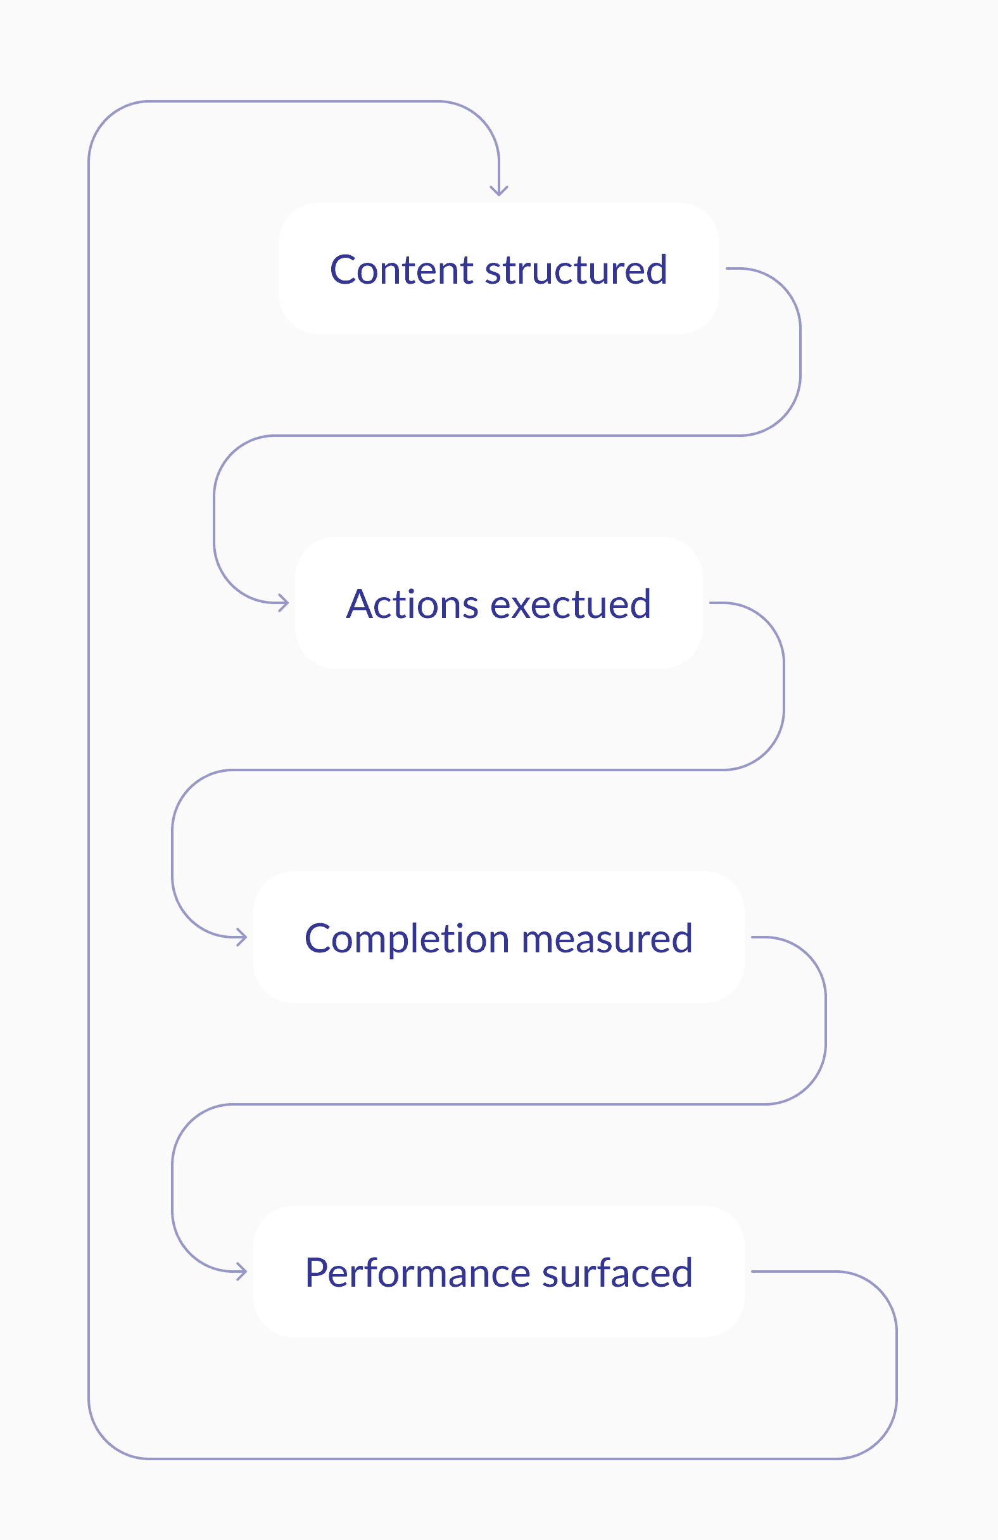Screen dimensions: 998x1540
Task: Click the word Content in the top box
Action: tap(402, 269)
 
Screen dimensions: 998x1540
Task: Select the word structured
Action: tap(576, 269)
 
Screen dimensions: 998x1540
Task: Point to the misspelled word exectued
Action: tap(571, 603)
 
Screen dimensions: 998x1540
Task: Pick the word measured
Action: tap(607, 938)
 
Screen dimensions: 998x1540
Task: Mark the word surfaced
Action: tap(617, 1272)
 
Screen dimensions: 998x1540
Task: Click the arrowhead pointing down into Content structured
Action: tap(499, 191)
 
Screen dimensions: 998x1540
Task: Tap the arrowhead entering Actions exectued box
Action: tap(284, 602)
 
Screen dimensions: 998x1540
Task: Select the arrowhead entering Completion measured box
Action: tap(242, 937)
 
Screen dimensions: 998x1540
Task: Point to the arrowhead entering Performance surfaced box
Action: tap(242, 1272)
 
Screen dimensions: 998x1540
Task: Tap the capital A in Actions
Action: tap(361, 604)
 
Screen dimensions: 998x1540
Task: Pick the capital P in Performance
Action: tap(317, 1273)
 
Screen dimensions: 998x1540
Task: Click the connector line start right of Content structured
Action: tap(727, 268)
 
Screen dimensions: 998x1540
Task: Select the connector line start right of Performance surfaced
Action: tap(752, 1272)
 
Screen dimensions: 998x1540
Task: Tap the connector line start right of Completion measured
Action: tap(752, 937)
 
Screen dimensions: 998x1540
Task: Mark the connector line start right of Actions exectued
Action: tap(711, 602)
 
